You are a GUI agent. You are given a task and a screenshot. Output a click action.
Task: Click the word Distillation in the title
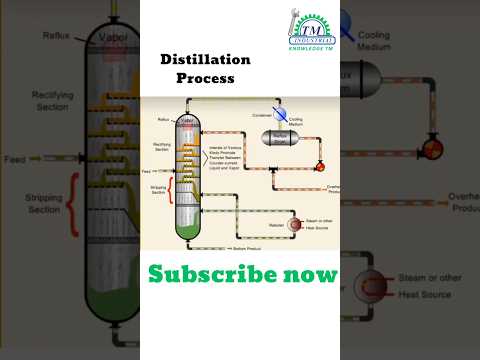(206, 60)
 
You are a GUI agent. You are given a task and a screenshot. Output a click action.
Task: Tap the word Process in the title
(206, 78)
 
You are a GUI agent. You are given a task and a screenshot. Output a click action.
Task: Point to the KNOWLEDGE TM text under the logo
(306, 46)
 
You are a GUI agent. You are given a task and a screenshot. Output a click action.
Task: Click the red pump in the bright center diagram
(319, 164)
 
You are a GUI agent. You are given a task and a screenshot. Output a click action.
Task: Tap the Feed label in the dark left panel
(14, 159)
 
